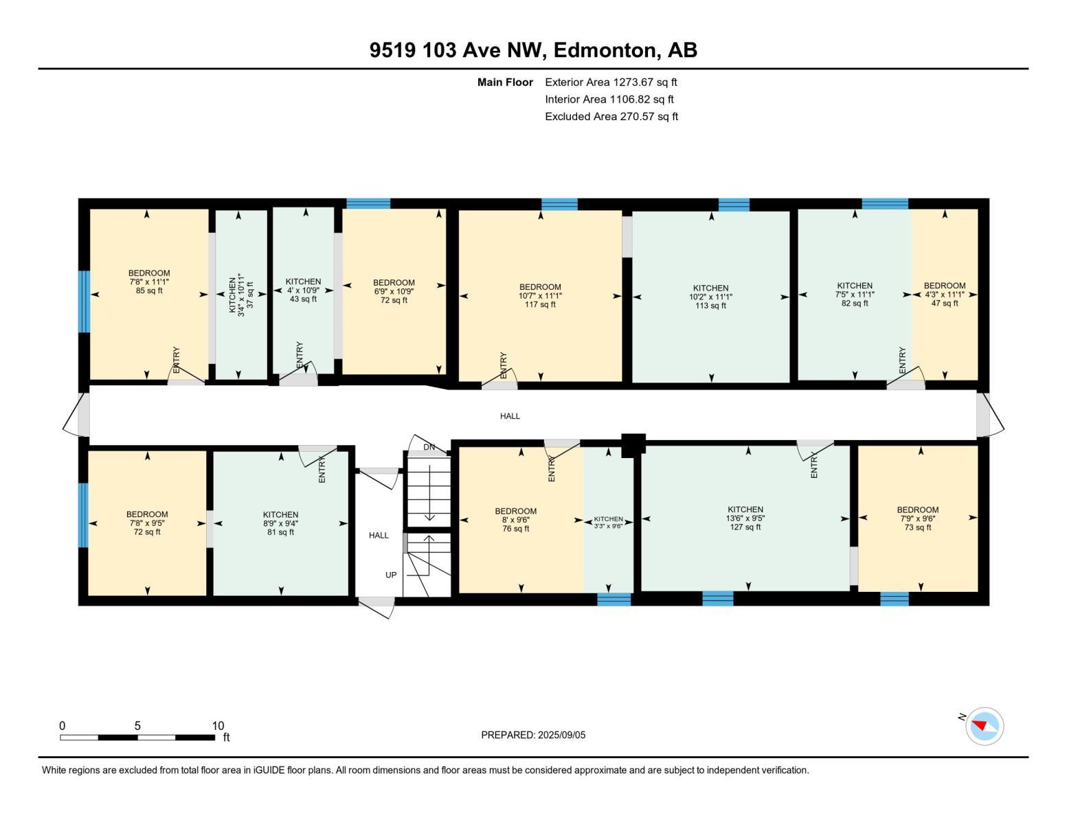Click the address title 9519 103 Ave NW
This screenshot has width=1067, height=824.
click(533, 50)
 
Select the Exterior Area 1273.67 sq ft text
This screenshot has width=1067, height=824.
click(611, 82)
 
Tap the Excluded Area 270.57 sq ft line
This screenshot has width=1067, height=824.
click(611, 117)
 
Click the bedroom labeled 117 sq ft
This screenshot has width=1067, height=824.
click(540, 295)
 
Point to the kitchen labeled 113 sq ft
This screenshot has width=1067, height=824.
click(710, 297)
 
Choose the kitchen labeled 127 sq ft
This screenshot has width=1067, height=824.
click(745, 518)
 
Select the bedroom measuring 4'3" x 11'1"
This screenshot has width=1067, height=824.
click(944, 294)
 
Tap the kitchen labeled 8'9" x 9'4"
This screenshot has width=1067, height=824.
click(280, 523)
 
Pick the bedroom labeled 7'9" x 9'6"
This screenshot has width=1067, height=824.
click(917, 518)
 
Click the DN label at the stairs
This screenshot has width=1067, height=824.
click(429, 448)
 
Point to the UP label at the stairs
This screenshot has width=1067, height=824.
click(391, 575)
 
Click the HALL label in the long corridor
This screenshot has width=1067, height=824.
click(510, 416)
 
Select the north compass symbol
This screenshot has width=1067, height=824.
click(984, 726)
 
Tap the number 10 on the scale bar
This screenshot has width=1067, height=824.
click(218, 726)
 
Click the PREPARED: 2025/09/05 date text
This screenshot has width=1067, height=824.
click(533, 735)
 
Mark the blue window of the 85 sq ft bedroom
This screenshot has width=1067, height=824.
click(84, 301)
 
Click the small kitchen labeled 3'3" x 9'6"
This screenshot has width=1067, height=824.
click(608, 522)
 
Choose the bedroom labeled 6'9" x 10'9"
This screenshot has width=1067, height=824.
click(394, 291)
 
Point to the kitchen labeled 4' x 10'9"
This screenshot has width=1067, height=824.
click(303, 290)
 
